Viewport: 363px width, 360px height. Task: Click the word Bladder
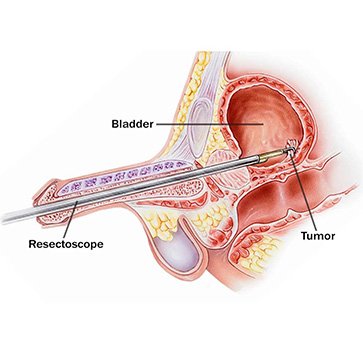tap(139, 124)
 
